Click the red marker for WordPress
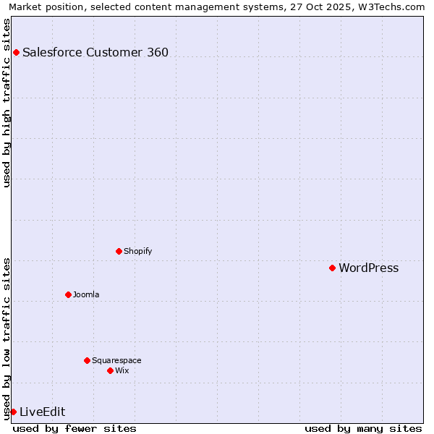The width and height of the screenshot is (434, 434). click(332, 268)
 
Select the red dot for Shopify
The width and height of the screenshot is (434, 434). click(119, 251)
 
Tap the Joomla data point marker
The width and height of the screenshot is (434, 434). click(68, 294)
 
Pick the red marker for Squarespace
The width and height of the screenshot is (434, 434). click(87, 360)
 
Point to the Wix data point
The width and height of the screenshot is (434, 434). click(110, 370)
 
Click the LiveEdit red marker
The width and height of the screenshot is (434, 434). click(13, 412)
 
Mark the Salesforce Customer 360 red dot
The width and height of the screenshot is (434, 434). click(16, 52)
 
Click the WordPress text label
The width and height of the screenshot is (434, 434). click(368, 268)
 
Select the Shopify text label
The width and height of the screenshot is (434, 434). click(137, 251)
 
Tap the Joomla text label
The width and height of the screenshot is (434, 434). click(86, 294)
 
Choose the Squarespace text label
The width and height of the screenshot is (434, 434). click(116, 360)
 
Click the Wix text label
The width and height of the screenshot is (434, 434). click(122, 370)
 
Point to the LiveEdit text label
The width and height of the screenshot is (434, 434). click(42, 412)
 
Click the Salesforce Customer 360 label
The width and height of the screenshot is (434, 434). click(95, 52)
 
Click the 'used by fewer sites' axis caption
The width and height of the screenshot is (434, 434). click(75, 428)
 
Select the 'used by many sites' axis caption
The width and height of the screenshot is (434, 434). click(363, 428)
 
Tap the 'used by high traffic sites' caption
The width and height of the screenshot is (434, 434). click(7, 103)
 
